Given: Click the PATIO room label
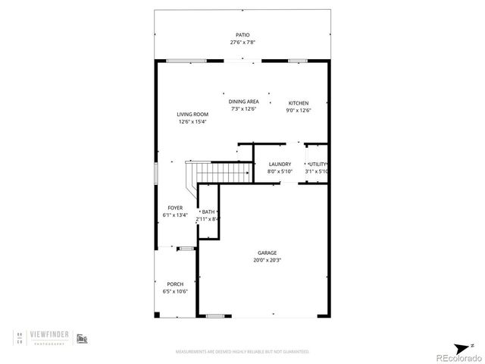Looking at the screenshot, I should point(242,35).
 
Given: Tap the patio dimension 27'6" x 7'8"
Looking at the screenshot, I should point(242,42).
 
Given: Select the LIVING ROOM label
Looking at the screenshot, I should point(192,115).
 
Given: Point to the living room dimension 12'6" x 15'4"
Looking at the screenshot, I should point(192,122).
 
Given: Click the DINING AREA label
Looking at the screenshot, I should point(244,102).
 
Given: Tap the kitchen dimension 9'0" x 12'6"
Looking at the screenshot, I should point(299,110).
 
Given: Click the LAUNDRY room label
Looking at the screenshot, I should point(280,164).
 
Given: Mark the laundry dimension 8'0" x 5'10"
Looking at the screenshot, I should point(280,171).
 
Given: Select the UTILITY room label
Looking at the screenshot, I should point(317,164).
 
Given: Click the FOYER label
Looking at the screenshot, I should point(175,207).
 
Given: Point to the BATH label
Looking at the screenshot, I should point(208,212).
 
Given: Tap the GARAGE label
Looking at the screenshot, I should point(267,253).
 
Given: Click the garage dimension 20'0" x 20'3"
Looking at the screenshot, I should point(267,260).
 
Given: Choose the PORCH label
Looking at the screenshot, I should point(175,284).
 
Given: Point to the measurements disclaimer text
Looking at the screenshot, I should point(242,352).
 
